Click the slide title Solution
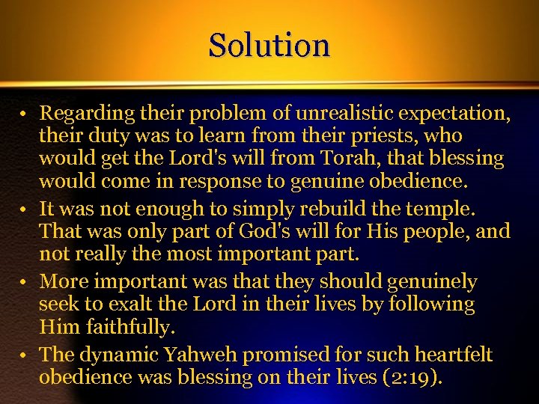269,45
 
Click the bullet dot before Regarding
25,115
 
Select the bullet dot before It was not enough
25,210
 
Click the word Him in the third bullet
56,327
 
